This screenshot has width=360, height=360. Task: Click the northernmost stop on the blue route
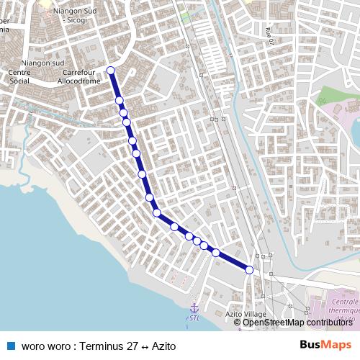coord(111,70)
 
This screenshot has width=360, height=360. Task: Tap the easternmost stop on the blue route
coord(250,270)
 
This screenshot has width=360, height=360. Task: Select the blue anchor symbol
coord(193,307)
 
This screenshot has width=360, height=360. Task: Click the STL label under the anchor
coord(193,317)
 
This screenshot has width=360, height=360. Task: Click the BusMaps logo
coord(325,345)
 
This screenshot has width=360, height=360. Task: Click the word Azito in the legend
coord(163,346)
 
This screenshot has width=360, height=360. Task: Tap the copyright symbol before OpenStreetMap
coord(238,323)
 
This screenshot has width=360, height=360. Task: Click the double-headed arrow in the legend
coord(145,346)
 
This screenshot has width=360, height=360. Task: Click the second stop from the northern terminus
coord(120,100)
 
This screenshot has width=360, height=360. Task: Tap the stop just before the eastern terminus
coord(215,252)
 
